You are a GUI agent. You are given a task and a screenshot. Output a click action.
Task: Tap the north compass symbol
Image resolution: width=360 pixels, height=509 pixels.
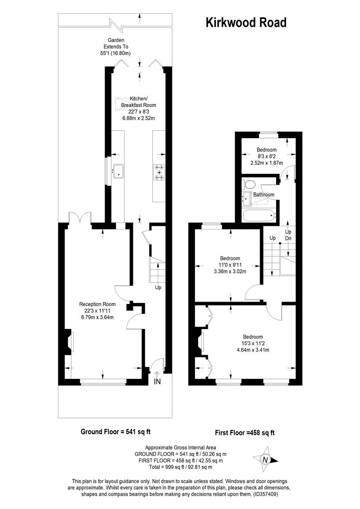pos(265,460)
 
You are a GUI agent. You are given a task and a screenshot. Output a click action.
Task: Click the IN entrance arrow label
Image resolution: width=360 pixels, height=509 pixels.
pos(157,381)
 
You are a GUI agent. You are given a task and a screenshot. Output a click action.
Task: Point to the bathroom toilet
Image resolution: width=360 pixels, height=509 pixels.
pos(249,184)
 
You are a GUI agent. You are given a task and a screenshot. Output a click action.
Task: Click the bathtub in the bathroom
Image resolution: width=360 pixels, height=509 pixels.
pos(258,216)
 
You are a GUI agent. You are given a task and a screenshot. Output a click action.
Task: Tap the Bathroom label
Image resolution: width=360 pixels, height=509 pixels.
pos(263,195)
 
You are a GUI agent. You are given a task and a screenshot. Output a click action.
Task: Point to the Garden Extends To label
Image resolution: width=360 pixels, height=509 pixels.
pos(115,47)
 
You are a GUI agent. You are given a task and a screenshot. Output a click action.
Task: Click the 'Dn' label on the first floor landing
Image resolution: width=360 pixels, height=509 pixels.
pos(288,239)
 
